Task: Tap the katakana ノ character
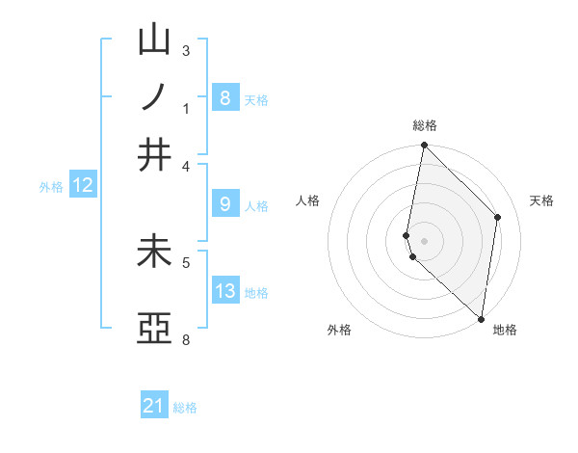click(x=155, y=97)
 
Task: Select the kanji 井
click(x=155, y=154)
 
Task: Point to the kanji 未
click(x=155, y=252)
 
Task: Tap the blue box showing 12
click(x=83, y=186)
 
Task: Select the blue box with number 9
click(x=224, y=204)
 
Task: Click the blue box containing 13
click(x=224, y=291)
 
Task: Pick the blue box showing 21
click(x=154, y=406)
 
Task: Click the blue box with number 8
click(x=224, y=98)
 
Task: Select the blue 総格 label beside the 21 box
click(x=185, y=408)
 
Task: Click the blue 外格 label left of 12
click(x=51, y=187)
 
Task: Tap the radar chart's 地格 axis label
click(x=505, y=331)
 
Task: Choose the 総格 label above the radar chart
click(x=424, y=125)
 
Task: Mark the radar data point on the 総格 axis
click(x=424, y=146)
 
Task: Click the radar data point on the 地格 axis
click(x=481, y=318)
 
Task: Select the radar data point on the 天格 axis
click(x=498, y=217)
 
